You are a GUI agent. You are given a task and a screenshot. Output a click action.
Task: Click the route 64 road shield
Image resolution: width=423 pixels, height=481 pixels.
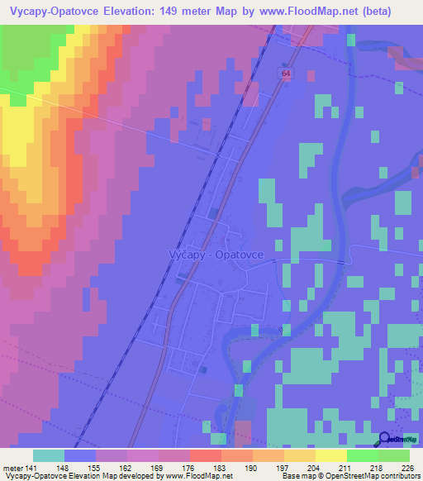tap(285, 74)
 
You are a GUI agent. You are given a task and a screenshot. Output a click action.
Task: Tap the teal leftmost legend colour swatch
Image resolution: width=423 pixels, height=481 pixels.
tap(48, 455)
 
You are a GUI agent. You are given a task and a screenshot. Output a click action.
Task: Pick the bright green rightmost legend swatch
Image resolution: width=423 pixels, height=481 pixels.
tap(394, 455)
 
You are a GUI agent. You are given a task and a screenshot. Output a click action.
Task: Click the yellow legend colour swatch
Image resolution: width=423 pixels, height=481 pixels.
tap(330, 455)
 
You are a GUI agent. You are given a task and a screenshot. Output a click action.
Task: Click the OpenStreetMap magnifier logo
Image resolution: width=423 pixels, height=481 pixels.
tap(385, 441)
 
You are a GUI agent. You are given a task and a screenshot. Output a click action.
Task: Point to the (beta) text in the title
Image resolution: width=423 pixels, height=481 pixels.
tap(392, 9)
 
